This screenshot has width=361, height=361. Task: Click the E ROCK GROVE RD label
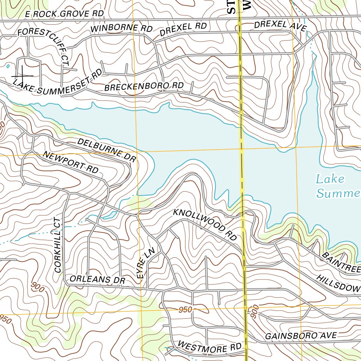click(x=65, y=14)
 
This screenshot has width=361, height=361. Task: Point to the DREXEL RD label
click(x=183, y=29)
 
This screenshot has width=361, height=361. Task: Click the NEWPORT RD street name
click(x=71, y=162)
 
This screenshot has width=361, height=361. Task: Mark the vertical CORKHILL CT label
click(x=57, y=245)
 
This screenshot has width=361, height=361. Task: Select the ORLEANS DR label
click(x=98, y=279)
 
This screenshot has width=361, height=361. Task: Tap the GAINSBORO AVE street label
click(x=301, y=336)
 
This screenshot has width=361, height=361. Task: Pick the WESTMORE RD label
click(x=209, y=347)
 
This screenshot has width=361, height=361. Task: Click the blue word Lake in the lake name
click(x=330, y=179)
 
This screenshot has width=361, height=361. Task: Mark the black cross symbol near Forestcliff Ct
click(x=22, y=75)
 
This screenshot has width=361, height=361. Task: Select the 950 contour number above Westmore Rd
click(x=185, y=310)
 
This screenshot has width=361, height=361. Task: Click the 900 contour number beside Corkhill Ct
click(x=37, y=287)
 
